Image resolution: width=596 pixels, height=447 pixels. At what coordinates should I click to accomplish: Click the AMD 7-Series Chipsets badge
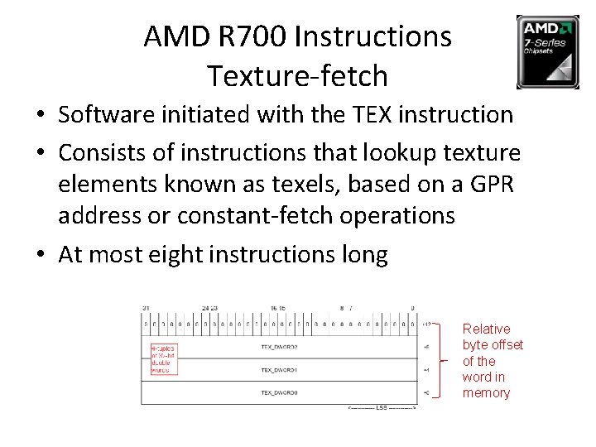point(547,51)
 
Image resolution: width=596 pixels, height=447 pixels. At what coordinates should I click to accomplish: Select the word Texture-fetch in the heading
point(297,75)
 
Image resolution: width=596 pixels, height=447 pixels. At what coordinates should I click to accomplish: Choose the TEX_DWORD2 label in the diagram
point(279,348)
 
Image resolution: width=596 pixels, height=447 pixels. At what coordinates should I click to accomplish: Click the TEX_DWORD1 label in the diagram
point(279,370)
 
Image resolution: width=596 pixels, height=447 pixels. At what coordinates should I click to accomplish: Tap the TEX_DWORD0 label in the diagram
point(279,392)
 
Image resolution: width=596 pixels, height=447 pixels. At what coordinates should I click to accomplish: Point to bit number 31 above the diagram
point(146,309)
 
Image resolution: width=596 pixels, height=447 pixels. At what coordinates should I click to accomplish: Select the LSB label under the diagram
point(382,409)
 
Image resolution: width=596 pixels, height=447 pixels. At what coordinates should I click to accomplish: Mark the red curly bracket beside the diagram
point(445,360)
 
